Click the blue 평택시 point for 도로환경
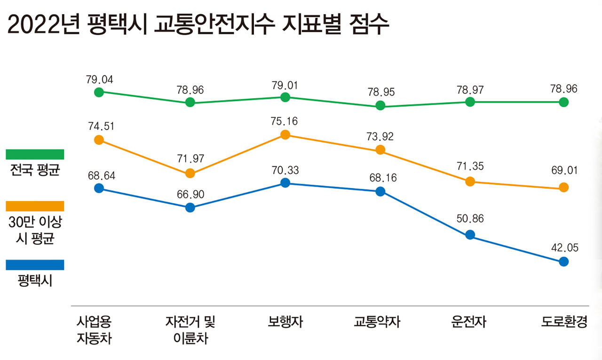[x=564, y=261]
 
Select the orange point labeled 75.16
[x=285, y=135]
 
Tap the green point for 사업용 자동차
[x=99, y=92]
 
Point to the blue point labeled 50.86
[x=470, y=235]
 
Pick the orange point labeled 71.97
[x=190, y=173]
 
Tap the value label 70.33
[x=285, y=170]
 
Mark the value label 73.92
[x=380, y=137]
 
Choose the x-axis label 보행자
[x=285, y=322]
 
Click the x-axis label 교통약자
[x=377, y=322]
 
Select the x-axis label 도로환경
[x=564, y=322]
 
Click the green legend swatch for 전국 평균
[x=35, y=155]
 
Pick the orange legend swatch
[x=35, y=206]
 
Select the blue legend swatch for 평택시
[x=35, y=265]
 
